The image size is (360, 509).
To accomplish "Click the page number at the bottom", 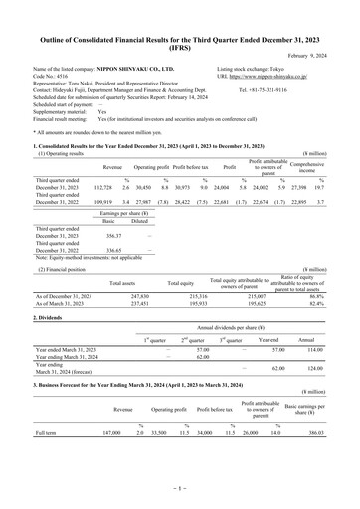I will coord(179,489).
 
